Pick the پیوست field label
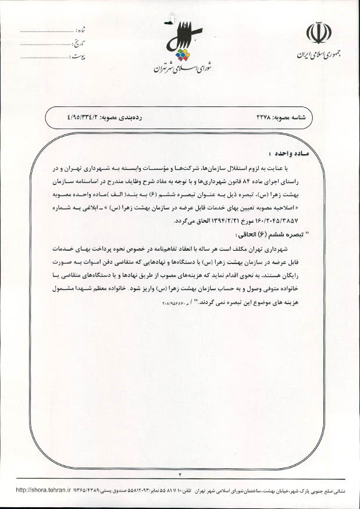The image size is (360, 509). (80, 57)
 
